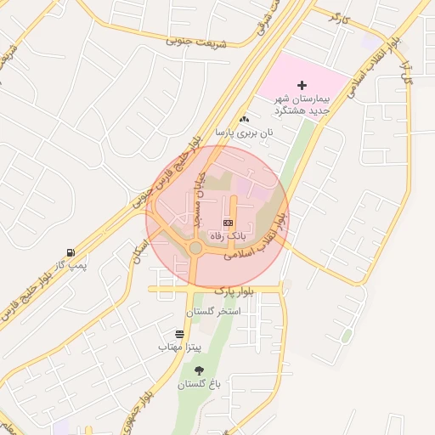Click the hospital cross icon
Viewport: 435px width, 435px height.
click(x=302, y=85)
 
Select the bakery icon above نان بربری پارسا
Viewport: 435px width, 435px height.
click(x=245, y=119)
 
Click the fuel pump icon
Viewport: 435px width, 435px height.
click(x=70, y=252)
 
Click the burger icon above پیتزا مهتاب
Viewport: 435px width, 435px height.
click(x=179, y=334)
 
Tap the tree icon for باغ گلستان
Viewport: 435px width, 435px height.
click(x=200, y=370)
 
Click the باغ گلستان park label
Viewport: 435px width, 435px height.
click(x=200, y=385)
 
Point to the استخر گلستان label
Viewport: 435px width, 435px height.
click(x=218, y=312)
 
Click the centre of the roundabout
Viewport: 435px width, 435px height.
click(x=195, y=248)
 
